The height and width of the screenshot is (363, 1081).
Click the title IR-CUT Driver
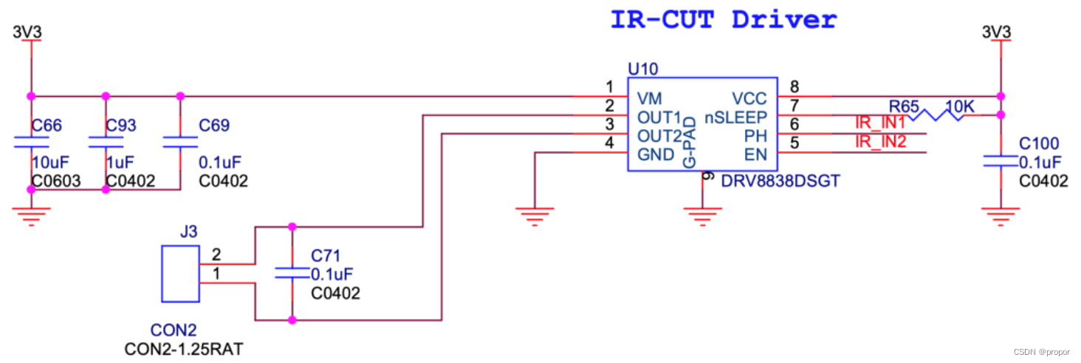coord(723,19)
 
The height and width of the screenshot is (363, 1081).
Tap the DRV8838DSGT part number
coord(781,180)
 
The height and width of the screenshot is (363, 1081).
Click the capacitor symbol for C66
coord(30,141)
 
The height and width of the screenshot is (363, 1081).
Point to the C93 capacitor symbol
coord(105,141)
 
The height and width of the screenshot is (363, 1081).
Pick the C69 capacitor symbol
coord(179,141)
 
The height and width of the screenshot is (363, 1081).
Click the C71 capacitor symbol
coord(292,273)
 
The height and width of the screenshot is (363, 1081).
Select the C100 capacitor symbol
coord(1001,161)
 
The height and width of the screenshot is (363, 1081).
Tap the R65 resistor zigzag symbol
coord(936,115)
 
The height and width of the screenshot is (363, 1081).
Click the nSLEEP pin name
coord(735,117)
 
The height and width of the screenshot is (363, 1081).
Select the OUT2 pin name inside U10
coord(659,136)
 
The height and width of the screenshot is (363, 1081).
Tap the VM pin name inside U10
coord(650,98)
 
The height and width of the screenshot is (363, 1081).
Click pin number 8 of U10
coord(794,86)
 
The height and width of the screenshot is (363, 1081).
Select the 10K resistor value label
coord(960,107)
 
